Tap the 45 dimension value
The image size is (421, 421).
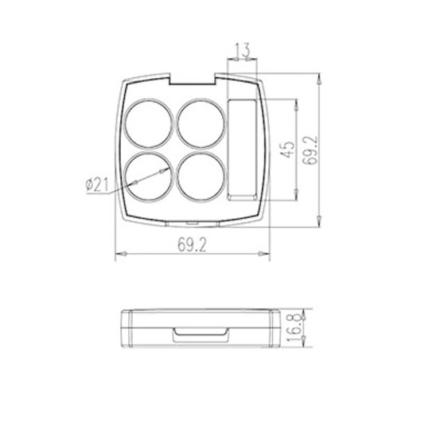click(x=287, y=150)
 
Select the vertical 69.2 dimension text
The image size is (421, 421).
click(x=310, y=150)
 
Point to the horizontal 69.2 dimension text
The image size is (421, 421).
click(x=192, y=245)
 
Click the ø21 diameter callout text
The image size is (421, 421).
click(x=97, y=185)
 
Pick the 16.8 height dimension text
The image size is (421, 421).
click(x=296, y=327)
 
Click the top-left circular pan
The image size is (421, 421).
click(x=149, y=123)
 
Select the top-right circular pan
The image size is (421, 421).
click(x=201, y=123)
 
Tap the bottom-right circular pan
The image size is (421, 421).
click(x=201, y=177)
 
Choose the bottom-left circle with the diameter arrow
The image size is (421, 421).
click(x=149, y=177)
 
